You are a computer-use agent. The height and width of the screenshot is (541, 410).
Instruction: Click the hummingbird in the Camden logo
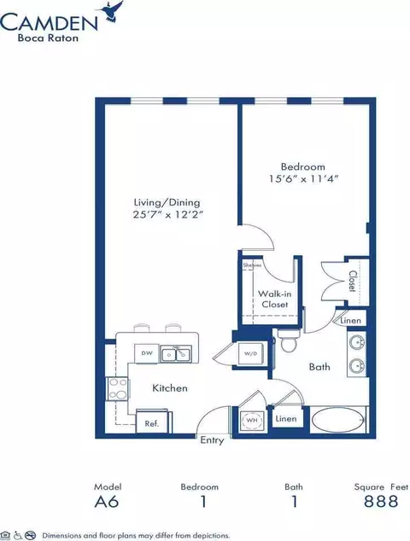tap(112, 12)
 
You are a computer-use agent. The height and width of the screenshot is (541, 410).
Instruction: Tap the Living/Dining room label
tap(167, 202)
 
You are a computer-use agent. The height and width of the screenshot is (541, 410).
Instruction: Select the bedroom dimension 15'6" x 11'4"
tap(303, 179)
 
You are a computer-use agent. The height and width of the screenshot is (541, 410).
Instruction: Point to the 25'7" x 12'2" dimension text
tap(167, 214)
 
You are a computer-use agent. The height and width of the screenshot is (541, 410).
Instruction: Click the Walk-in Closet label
tap(274, 300)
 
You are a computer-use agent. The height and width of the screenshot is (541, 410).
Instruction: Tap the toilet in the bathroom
tap(288, 340)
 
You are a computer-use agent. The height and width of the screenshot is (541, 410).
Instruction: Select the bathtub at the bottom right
tap(337, 420)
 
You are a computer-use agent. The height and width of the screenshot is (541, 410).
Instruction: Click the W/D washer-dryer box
tap(252, 353)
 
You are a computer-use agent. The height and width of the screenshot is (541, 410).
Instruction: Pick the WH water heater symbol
tap(252, 420)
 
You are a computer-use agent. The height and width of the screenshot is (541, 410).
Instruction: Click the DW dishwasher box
tap(147, 353)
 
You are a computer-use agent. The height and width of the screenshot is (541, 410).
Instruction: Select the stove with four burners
tap(117, 389)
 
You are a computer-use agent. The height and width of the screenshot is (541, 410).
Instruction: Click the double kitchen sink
tap(176, 354)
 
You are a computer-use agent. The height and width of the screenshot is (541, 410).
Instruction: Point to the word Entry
tap(212, 440)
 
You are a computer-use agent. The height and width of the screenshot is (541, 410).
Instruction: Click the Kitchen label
tap(170, 388)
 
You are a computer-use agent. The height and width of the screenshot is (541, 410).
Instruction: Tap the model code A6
tap(107, 502)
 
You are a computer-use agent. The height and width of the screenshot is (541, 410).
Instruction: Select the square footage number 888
tap(381, 502)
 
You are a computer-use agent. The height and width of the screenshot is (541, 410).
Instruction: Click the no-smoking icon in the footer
tap(31, 535)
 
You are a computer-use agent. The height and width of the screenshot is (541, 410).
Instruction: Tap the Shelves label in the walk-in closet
tap(252, 265)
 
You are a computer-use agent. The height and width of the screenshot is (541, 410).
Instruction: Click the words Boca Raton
tap(48, 38)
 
